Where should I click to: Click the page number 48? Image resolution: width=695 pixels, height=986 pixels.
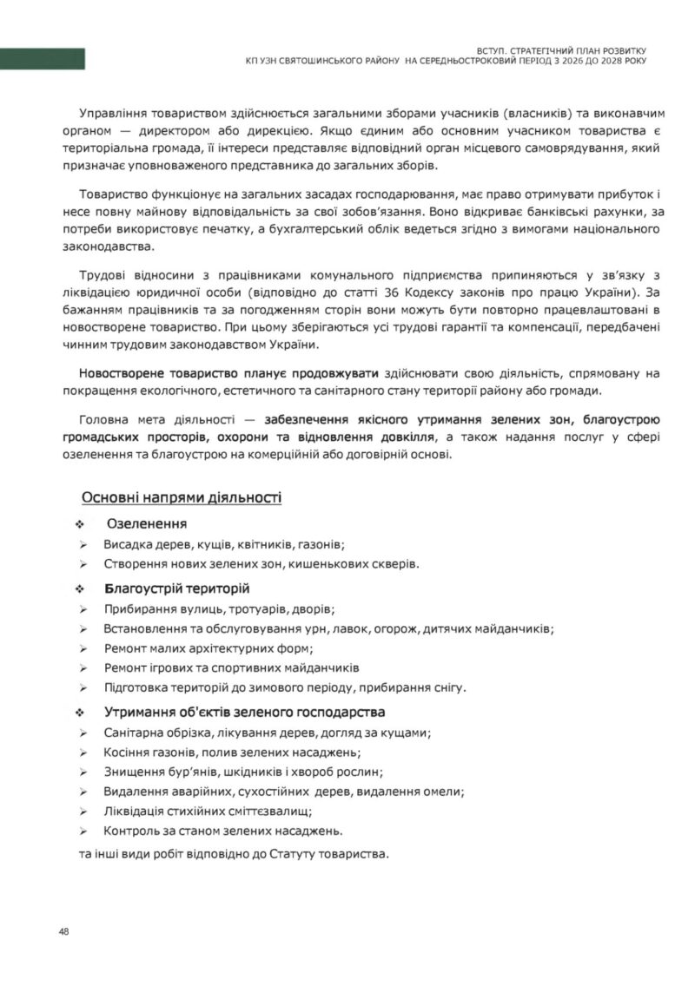(x=63, y=931)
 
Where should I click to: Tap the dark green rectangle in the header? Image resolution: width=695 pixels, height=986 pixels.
(x=43, y=59)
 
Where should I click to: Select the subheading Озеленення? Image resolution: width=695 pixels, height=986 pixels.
(x=146, y=524)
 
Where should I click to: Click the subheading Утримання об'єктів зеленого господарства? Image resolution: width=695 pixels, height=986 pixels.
(x=244, y=712)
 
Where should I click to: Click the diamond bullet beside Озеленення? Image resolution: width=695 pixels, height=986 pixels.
(x=80, y=525)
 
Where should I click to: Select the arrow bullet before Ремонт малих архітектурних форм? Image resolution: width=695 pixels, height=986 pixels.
(x=83, y=648)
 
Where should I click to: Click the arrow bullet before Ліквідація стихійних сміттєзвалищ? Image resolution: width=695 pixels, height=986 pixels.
(x=83, y=812)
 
